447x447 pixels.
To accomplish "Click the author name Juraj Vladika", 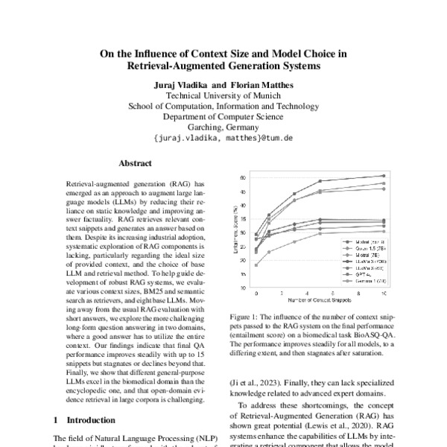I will [x=182, y=84].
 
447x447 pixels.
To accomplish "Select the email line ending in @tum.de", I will [x=223, y=139].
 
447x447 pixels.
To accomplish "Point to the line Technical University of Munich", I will [x=223, y=95].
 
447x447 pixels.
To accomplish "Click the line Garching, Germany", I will [x=223, y=127].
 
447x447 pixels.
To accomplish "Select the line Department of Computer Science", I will [x=223, y=117].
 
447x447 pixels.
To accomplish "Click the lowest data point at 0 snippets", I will [x=256, y=265].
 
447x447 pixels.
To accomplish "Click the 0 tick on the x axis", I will [x=256, y=292].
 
